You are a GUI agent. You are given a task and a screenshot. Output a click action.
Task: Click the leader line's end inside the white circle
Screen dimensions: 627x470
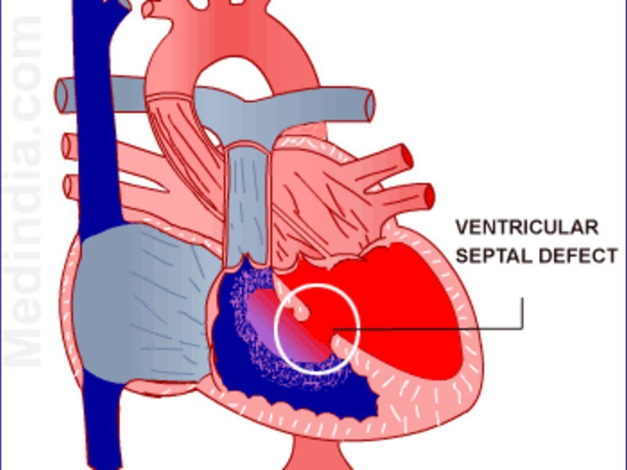point(334,329)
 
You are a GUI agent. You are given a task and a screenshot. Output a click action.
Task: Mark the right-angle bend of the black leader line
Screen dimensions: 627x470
point(522,329)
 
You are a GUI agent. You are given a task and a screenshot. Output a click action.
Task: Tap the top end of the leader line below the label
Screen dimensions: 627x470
point(522,297)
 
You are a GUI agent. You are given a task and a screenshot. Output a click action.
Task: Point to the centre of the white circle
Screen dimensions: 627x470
point(317,329)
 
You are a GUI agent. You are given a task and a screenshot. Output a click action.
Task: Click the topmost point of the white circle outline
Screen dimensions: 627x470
point(317,285)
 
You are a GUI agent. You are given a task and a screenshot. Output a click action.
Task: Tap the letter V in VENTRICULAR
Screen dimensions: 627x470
point(462,228)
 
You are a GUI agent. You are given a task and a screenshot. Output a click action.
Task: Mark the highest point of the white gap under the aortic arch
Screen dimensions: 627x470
point(235,58)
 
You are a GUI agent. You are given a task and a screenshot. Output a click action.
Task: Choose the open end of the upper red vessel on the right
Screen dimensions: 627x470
point(407,156)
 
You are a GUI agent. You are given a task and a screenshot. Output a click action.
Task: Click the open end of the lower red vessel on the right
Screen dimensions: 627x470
point(429,196)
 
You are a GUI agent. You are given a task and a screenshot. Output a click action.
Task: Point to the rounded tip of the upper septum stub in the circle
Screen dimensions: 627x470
point(303,314)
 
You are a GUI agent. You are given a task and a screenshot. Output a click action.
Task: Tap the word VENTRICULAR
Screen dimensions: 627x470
point(527,228)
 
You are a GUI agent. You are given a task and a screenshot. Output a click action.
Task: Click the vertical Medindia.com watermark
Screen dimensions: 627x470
point(23,192)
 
